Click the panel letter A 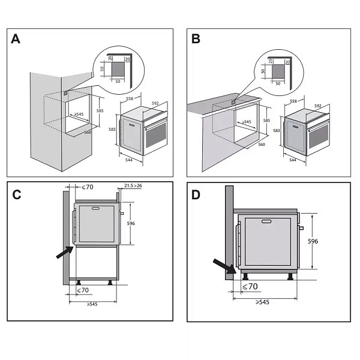pos(16,39)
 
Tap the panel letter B pos(196,39)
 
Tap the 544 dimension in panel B pos(292,160)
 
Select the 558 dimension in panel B pos(294,102)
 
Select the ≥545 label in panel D pos(261,302)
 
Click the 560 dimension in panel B pos(261,145)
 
